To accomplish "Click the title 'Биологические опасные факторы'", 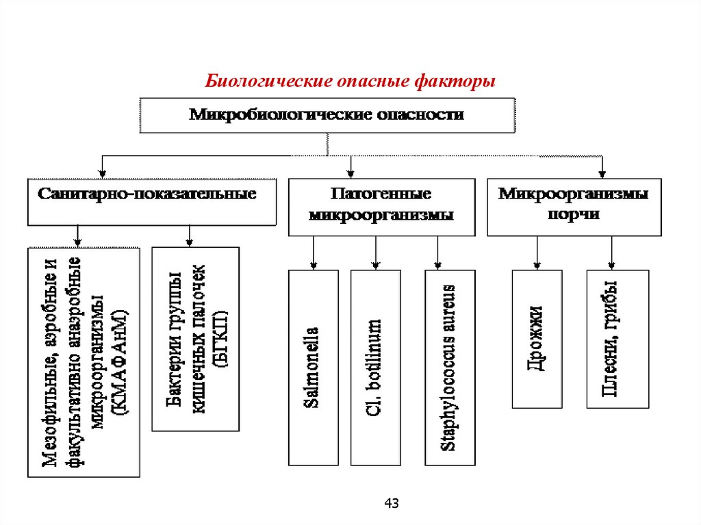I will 351,81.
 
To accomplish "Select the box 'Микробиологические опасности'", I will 327,114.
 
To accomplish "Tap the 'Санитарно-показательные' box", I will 152,202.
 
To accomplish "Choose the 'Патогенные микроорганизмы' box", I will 381,207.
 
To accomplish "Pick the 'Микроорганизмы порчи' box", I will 574,207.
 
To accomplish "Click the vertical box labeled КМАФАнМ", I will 84,361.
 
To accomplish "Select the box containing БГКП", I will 195,339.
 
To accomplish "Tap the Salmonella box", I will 313,368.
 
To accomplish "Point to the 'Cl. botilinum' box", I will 375,368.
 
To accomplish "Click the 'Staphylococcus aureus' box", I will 450,368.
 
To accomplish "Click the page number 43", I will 391,504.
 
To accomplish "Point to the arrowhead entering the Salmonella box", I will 313,266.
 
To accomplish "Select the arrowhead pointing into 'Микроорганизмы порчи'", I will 602,173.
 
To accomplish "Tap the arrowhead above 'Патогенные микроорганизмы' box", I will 351,173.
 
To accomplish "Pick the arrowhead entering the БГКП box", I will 189,242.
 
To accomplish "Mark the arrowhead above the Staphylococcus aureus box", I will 438,266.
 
